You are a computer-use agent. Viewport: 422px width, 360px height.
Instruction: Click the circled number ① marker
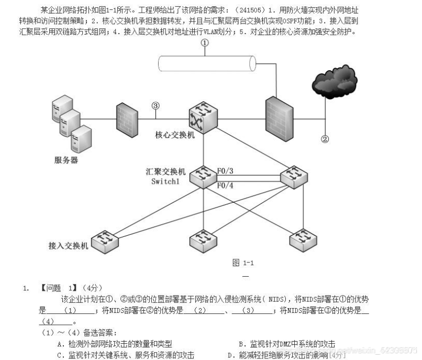(205, 44)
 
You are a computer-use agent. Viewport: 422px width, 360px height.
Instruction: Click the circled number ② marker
(325, 139)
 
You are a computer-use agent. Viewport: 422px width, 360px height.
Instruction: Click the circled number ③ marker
(156, 105)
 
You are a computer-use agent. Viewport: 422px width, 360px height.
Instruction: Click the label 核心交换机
(175, 135)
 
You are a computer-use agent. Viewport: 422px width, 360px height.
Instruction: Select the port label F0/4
(225, 184)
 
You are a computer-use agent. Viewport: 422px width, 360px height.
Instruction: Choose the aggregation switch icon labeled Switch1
(202, 177)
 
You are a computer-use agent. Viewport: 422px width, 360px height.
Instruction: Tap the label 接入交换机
(69, 245)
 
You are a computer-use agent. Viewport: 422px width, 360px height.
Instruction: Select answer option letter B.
(241, 344)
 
